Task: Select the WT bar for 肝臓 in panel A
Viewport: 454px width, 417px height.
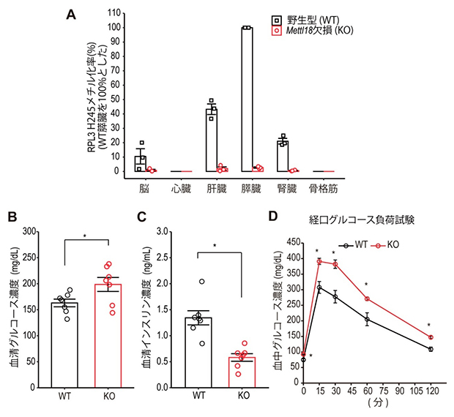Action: (x=211, y=140)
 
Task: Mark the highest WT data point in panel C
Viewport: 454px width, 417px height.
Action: (x=201, y=282)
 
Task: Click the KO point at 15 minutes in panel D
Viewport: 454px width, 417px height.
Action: (x=319, y=261)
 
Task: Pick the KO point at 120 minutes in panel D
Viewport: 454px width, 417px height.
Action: (x=431, y=337)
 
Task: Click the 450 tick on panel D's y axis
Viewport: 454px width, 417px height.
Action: (x=293, y=241)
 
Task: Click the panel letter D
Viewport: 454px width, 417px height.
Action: (x=275, y=217)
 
